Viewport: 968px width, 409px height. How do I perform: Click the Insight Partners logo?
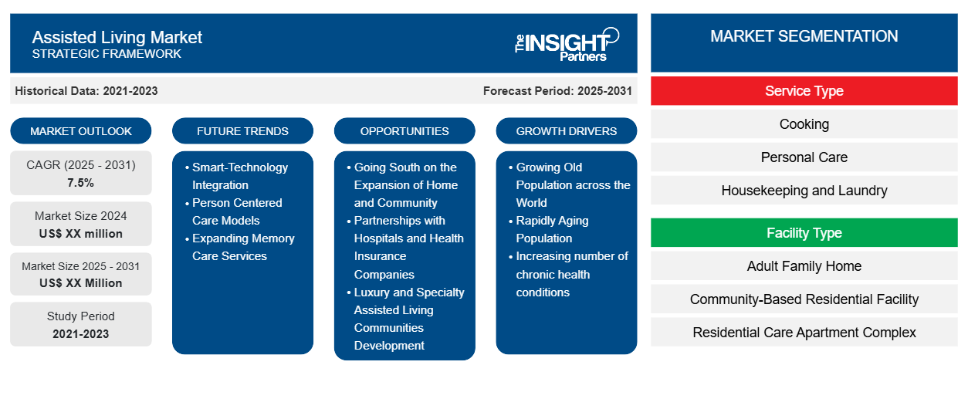pyautogui.click(x=567, y=44)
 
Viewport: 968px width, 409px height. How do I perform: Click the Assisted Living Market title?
pyautogui.click(x=117, y=37)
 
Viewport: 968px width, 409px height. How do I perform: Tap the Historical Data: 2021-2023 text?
pyautogui.click(x=86, y=91)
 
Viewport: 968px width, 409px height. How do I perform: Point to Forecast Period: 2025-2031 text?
pyautogui.click(x=557, y=91)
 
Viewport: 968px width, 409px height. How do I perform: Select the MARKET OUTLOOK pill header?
pyautogui.click(x=81, y=131)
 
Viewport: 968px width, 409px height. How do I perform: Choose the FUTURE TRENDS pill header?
pyautogui.click(x=242, y=131)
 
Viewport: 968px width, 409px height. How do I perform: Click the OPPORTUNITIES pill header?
pyautogui.click(x=404, y=131)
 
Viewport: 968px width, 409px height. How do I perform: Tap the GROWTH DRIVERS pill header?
pyautogui.click(x=567, y=131)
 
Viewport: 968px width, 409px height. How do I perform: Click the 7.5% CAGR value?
pyautogui.click(x=81, y=183)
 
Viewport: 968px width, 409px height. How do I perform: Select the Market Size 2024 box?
pyautogui.click(x=81, y=224)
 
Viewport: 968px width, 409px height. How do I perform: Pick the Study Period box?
pyautogui.click(x=81, y=324)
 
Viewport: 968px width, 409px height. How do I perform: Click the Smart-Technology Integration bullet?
pyautogui.click(x=240, y=176)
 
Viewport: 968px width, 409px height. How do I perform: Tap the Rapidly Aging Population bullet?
pyautogui.click(x=552, y=229)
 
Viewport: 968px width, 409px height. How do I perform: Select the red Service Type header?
pyautogui.click(x=804, y=91)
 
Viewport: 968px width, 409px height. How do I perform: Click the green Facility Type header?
pyautogui.click(x=804, y=233)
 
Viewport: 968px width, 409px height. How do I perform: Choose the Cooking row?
pyautogui.click(x=804, y=124)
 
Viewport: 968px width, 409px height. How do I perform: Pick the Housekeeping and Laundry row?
pyautogui.click(x=804, y=191)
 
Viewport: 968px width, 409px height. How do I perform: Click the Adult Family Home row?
pyautogui.click(x=804, y=266)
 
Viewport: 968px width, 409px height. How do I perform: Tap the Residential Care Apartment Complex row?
pyautogui.click(x=804, y=333)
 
